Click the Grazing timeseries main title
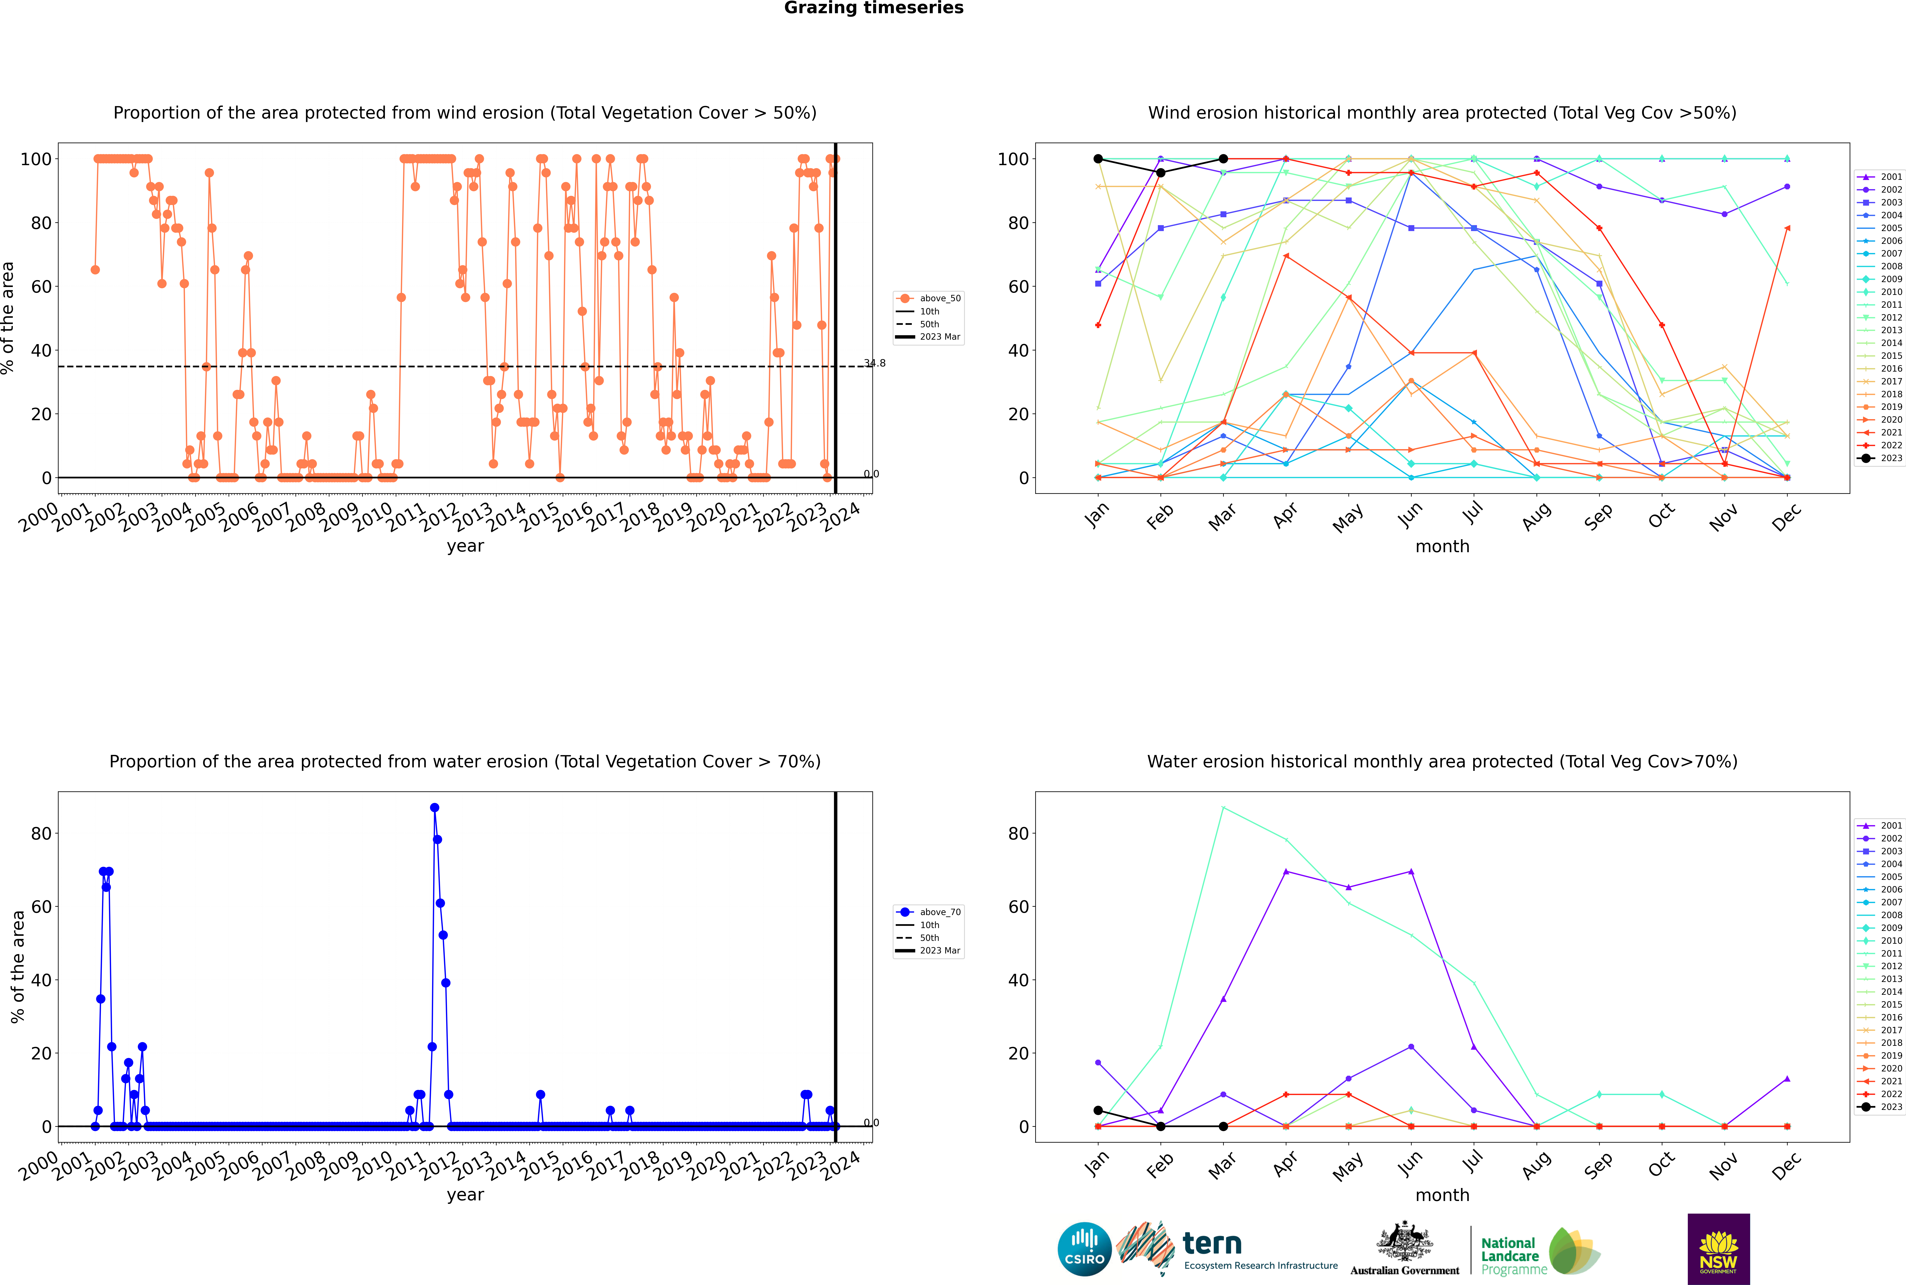tap(874, 8)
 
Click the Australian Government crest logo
tap(1405, 1249)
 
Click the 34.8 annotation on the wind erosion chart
tap(874, 363)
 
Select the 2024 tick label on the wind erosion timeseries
tap(841, 518)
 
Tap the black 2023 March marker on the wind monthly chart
tap(1223, 159)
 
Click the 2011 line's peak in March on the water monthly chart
tap(1223, 808)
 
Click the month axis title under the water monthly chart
tap(1442, 1195)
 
